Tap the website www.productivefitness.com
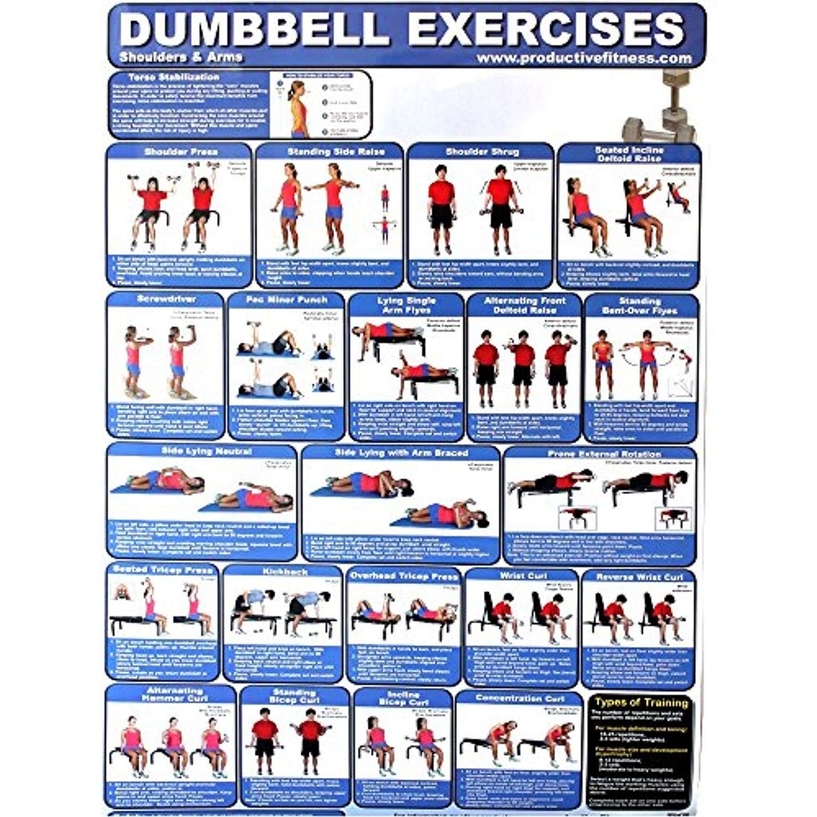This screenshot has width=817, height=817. tap(583, 58)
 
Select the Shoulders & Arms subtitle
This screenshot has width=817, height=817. tap(181, 57)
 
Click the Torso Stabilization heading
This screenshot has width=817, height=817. tap(174, 77)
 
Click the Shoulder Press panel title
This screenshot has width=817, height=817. tap(181, 151)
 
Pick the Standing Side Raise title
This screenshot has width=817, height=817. tap(336, 151)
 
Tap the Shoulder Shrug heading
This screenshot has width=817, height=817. tap(482, 151)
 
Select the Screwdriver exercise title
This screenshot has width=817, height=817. tap(166, 299)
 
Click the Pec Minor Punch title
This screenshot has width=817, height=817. tap(286, 300)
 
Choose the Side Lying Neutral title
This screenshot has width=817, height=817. tap(206, 451)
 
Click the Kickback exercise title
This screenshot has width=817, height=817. tap(285, 572)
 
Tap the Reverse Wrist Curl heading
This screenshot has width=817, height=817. tap(639, 577)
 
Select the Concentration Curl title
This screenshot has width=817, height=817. tap(520, 698)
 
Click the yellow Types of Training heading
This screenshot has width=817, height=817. tap(641, 703)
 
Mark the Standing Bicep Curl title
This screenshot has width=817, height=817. tap(294, 696)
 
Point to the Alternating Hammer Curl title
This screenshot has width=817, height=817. tap(174, 693)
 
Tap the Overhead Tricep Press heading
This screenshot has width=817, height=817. tap(404, 576)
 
